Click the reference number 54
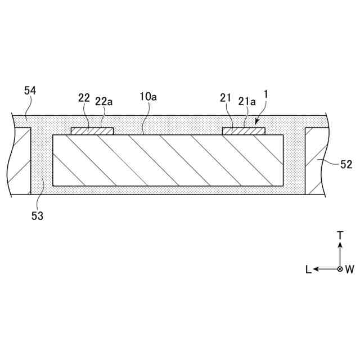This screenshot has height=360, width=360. tap(31, 91)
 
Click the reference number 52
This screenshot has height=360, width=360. tap(346, 165)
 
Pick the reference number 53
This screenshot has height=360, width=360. tap(37, 215)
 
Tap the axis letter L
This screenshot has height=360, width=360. tap(308, 269)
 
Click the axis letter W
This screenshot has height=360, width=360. tap(350, 269)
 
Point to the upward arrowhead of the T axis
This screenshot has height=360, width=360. tap(340, 246)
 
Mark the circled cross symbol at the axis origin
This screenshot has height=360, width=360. tap(340, 269)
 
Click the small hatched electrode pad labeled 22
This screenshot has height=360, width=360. tap(92, 131)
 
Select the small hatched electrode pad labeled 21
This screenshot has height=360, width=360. tap(244, 131)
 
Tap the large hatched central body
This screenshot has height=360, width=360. tap(168, 160)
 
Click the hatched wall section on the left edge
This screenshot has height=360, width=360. tap(21, 160)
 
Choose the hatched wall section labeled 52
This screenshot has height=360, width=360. tap(315, 160)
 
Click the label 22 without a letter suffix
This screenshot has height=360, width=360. tap(84, 97)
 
